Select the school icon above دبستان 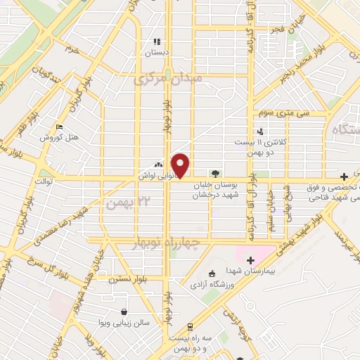pos(157,41)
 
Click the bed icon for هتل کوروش pos(60,127)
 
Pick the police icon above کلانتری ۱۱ pos(261,131)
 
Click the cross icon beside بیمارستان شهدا pos(250,260)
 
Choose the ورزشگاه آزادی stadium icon pos(213,274)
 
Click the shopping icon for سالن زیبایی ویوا pos(124,311)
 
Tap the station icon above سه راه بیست pos(191,326)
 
